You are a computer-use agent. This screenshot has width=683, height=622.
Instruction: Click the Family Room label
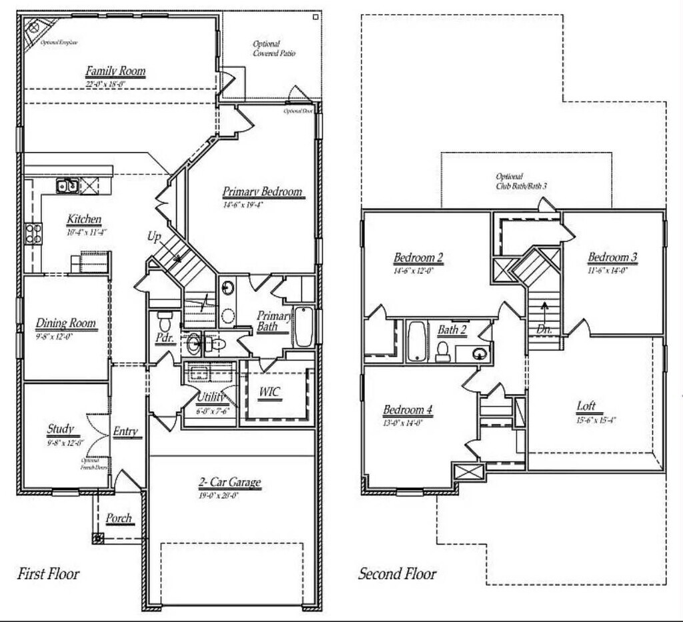[115, 71]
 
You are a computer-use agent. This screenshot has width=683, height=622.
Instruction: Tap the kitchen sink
[67, 185]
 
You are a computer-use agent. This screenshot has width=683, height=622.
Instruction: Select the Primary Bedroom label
[262, 192]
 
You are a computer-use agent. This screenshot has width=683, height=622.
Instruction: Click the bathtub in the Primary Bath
[303, 326]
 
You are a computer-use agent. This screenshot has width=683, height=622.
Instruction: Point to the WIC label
[270, 391]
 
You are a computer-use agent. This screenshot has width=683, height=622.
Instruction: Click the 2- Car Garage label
[229, 483]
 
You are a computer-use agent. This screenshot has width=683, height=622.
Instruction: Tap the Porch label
[119, 518]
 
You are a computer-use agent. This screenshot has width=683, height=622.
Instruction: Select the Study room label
[60, 429]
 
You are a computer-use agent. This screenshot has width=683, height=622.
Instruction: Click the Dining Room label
[65, 324]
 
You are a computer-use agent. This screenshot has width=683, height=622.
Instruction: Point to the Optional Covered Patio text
[273, 49]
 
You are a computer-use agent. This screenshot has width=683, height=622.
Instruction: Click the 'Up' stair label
[154, 236]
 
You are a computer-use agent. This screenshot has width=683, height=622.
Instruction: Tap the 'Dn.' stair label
[545, 329]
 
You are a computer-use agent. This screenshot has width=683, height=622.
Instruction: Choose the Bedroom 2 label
[418, 258]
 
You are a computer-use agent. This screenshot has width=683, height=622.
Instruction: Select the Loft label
[586, 406]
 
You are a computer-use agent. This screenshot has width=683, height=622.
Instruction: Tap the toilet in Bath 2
[442, 351]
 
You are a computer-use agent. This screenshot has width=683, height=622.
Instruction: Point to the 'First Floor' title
[47, 573]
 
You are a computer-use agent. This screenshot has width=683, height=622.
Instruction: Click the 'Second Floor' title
[398, 573]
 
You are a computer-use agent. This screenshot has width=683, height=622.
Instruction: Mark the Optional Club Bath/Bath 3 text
[521, 181]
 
